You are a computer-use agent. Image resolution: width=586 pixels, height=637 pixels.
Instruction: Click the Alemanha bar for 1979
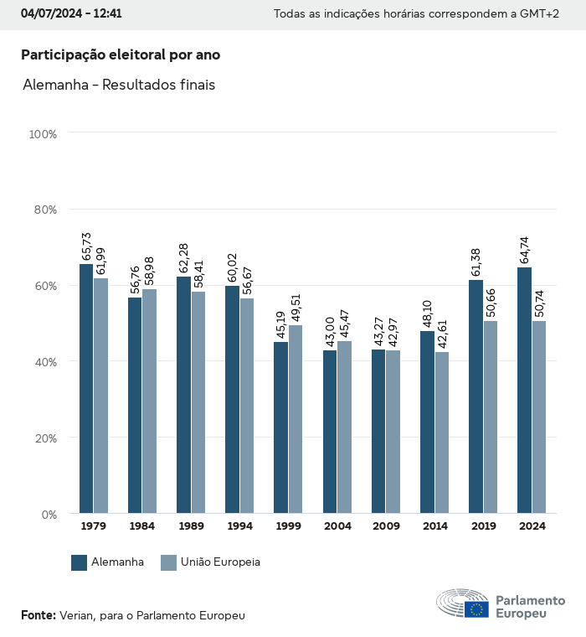(x=86, y=389)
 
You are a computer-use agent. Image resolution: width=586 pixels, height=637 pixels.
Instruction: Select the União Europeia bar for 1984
(x=149, y=401)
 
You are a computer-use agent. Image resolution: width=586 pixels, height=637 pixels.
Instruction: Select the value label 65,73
(x=86, y=247)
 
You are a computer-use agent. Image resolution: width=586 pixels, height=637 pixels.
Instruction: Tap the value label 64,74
(x=524, y=251)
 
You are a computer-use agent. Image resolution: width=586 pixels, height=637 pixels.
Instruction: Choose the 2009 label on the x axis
(x=386, y=526)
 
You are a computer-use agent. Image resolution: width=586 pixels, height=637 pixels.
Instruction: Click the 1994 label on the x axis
(x=239, y=526)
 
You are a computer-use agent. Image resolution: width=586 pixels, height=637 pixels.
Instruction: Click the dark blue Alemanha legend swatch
(x=80, y=562)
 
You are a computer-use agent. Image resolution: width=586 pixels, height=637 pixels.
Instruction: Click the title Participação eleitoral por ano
(x=121, y=54)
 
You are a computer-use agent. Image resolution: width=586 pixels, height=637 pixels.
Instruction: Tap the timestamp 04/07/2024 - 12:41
(x=71, y=14)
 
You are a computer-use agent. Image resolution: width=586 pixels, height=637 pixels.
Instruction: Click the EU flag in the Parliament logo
(x=477, y=609)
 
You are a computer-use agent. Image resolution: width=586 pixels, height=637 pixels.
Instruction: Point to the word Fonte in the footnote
(x=38, y=615)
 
